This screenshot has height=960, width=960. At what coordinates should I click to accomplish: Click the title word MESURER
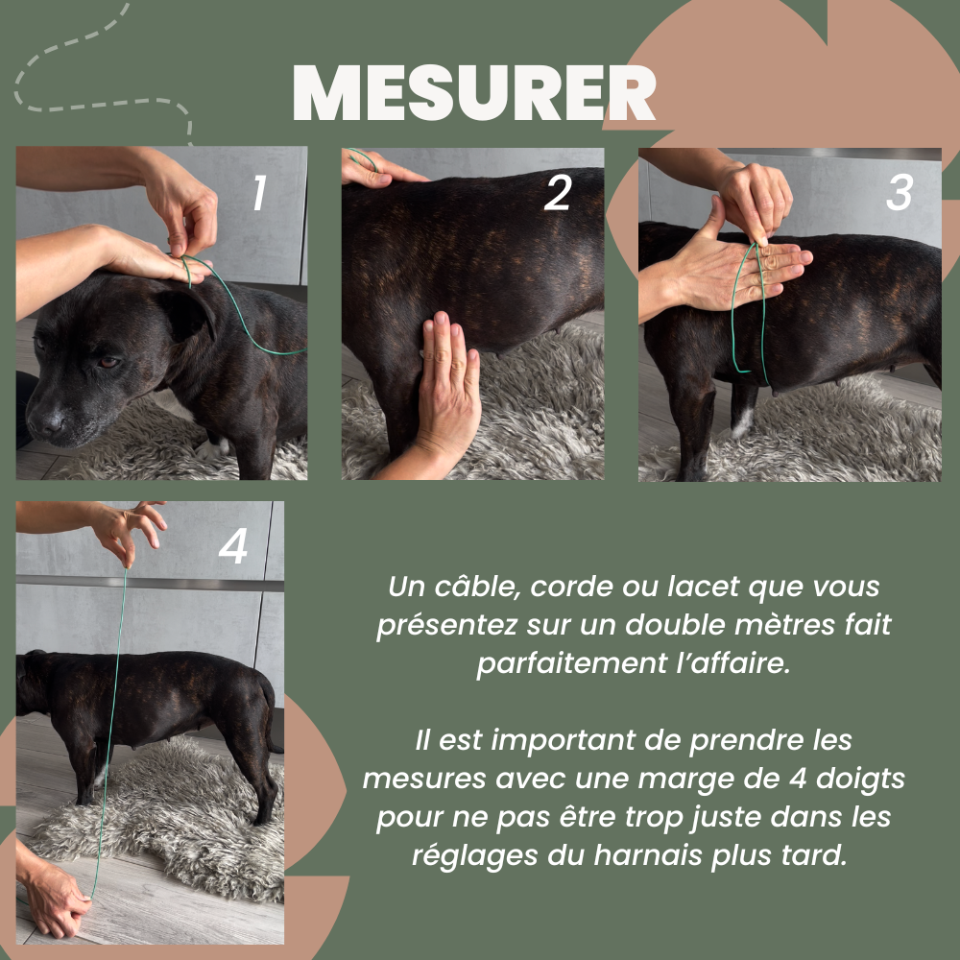[474, 92]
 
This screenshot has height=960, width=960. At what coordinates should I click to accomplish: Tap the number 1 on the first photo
[259, 192]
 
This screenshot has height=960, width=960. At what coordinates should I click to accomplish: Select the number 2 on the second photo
[557, 193]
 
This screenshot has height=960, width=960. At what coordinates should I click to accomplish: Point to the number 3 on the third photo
[900, 193]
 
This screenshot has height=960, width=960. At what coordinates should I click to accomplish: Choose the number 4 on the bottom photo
[233, 546]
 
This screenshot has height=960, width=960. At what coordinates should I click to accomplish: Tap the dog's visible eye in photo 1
[109, 363]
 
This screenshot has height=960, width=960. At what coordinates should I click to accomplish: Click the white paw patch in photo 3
[742, 423]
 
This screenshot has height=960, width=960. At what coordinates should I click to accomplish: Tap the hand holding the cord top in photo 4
[130, 530]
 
